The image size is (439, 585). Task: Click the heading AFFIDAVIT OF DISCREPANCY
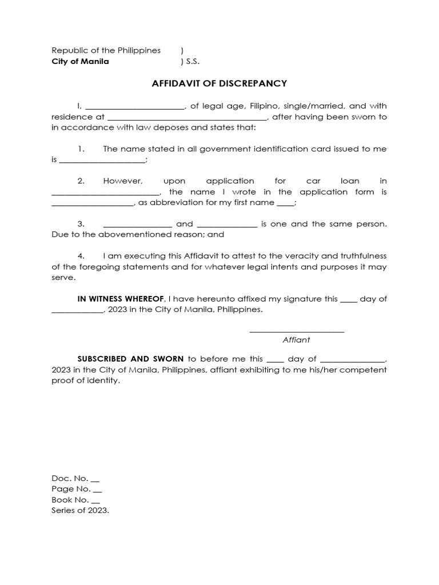[219, 83]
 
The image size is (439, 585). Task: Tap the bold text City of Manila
[80, 62]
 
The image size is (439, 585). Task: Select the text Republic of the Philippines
[106, 50]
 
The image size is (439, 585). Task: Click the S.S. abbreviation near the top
[193, 62]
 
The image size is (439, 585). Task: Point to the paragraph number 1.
[81, 149]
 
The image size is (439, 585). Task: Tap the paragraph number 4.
[81, 256]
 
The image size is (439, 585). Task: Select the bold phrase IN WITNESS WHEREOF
[121, 299]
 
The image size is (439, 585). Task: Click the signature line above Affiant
[297, 330]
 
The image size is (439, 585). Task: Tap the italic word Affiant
[296, 340]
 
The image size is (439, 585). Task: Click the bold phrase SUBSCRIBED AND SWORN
[130, 359]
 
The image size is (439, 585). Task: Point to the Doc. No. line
[75, 478]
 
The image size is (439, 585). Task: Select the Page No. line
[77, 489]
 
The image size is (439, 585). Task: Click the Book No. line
[76, 500]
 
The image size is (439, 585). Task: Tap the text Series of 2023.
[80, 511]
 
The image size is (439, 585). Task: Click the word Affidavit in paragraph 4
[190, 256]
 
